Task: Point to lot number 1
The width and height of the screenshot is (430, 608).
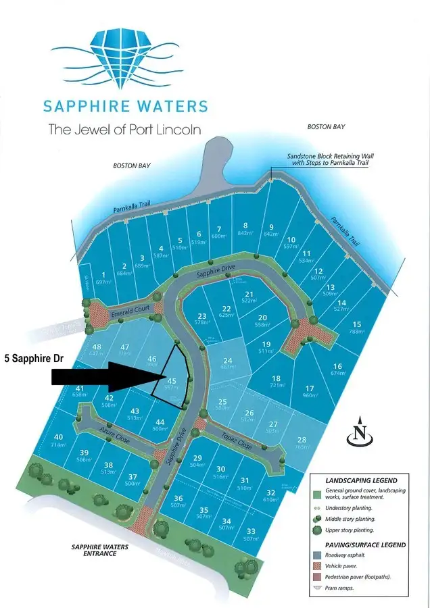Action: coord(103,275)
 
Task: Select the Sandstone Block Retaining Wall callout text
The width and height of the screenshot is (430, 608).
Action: coord(330,160)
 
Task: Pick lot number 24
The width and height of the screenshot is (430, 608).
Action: coord(227,361)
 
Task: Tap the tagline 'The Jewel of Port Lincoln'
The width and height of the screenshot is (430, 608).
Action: coord(124,129)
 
